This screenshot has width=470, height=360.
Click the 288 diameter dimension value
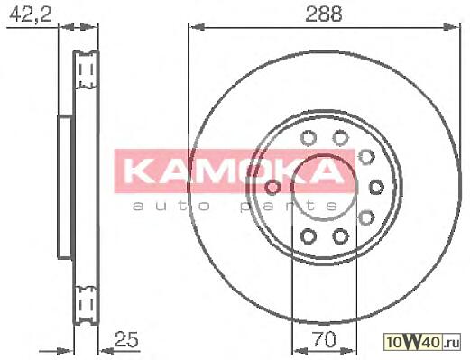pos(323,14)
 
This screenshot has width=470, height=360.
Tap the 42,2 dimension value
pos(30,14)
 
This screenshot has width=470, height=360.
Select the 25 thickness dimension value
pos(126,339)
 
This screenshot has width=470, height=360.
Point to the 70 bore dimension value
pos(324,339)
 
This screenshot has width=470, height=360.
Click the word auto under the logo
pos(171,206)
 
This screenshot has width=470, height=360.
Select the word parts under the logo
pos(289,207)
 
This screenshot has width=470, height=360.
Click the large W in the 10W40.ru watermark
pos(417,342)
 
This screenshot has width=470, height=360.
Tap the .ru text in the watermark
pos(451,343)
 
